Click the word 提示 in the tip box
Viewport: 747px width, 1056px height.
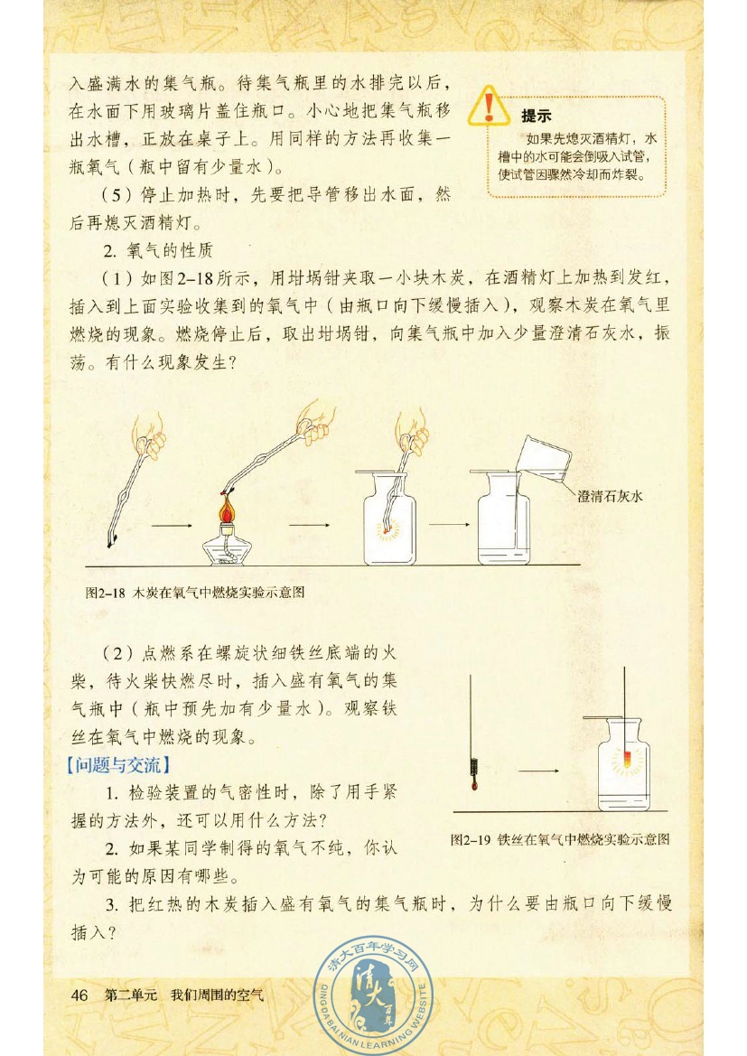pos(537,116)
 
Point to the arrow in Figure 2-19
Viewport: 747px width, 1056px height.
pos(537,771)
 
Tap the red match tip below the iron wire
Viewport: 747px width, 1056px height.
pos(472,784)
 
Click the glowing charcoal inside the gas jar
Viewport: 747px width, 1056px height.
pos(389,526)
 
